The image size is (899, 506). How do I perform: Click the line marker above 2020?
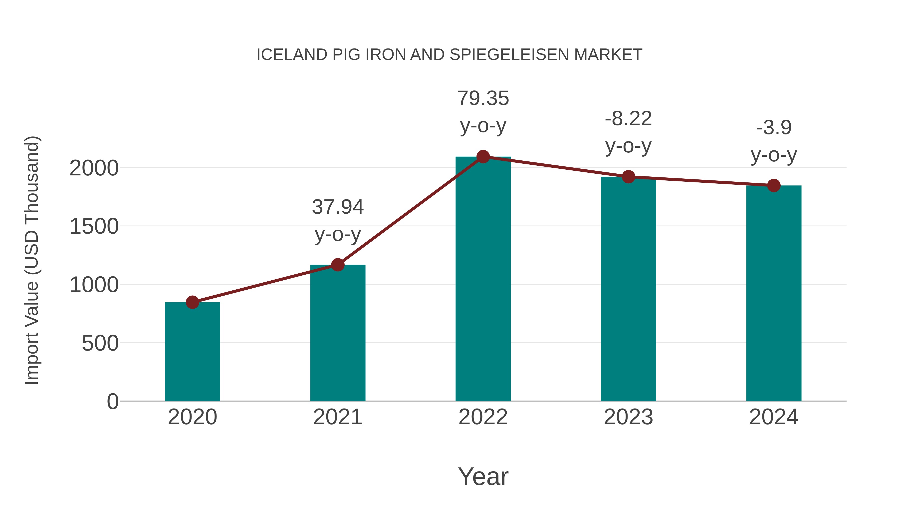pos(192,302)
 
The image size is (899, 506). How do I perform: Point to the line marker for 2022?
pos(483,157)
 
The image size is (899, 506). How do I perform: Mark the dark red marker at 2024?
pos(774,185)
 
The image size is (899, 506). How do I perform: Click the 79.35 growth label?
pos(483,98)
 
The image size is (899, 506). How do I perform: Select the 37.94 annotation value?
pos(337,207)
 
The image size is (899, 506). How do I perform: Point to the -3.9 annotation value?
pos(774,128)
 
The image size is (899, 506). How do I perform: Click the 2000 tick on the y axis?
pos(94,168)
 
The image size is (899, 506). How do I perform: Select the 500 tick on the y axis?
pos(100,344)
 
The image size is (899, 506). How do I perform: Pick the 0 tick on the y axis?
pos(113,402)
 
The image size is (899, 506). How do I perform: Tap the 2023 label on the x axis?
pos(628,417)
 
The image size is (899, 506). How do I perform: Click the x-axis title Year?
pos(483,477)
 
